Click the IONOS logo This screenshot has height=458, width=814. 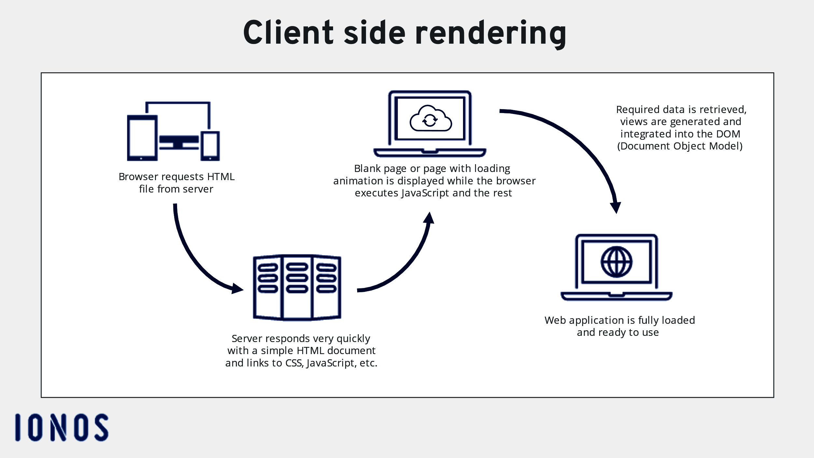pos(62,427)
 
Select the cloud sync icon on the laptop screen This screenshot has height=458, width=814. pos(430,119)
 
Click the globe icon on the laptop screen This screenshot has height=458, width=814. pos(616,262)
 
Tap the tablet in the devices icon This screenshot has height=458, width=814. pos(142,138)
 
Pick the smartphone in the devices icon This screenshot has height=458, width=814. pos(210,146)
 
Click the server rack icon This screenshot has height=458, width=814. pos(297,288)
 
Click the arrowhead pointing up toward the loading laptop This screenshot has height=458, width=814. pos(429,218)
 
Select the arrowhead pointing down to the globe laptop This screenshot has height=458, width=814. pos(616,208)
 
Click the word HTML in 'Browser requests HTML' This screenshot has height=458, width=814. pos(220,177)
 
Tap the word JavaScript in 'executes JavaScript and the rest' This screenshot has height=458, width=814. pos(425,193)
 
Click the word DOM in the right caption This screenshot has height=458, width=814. pos(728,134)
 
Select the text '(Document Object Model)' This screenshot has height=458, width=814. pos(680,146)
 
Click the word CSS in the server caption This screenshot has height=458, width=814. pos(294,363)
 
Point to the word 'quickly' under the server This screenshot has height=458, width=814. pos(353,338)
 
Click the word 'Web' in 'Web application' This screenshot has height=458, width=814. pos(555,320)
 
